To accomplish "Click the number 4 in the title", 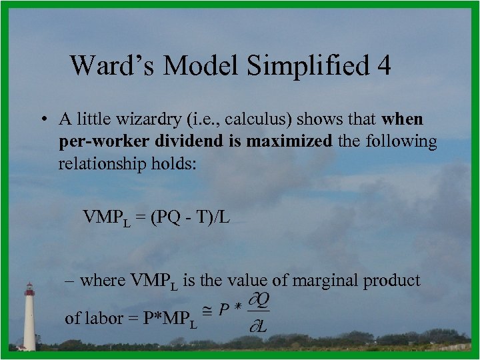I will [x=383, y=65].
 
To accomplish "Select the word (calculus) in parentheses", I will [x=269, y=119].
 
